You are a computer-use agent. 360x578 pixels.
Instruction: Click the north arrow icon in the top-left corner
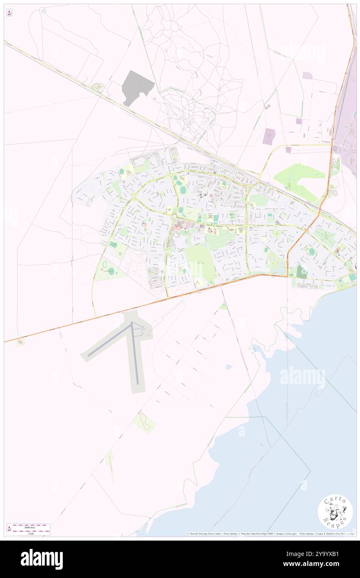click(x=9, y=13)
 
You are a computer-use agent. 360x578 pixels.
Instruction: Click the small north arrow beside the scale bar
click(x=10, y=529)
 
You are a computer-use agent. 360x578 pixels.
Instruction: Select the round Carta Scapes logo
click(x=335, y=511)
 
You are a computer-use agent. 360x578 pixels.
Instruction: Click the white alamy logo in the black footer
click(x=42, y=559)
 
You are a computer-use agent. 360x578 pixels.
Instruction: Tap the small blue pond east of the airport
click(x=229, y=367)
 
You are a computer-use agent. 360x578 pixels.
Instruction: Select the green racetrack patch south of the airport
click(x=145, y=422)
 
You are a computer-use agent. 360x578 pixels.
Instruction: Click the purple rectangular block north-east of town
click(x=269, y=136)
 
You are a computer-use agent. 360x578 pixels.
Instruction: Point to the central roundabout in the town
click(x=175, y=216)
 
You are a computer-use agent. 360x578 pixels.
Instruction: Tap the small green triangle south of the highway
click(x=224, y=306)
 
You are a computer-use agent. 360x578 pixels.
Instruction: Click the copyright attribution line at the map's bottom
click(x=270, y=534)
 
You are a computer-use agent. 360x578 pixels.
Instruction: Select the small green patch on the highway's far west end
click(x=20, y=342)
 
